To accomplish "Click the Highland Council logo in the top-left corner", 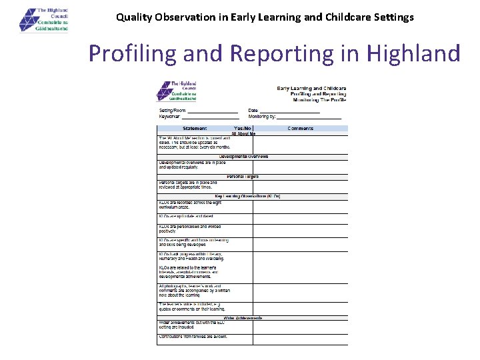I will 45,19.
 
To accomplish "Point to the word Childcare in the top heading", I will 329,17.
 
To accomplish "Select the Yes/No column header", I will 243,128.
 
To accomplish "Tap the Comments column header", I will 300,128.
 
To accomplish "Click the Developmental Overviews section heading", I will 243,157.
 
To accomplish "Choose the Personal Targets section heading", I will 243,177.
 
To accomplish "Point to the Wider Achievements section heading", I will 243,318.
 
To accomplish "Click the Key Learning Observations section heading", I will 247,196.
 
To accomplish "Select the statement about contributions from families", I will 193,337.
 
